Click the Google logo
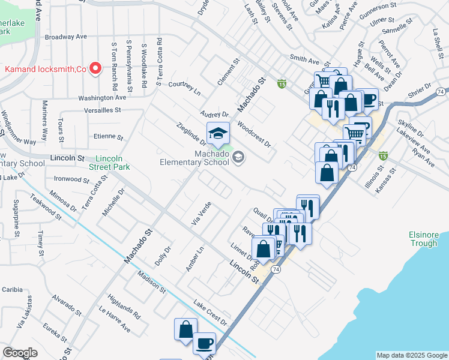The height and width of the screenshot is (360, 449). (20, 353)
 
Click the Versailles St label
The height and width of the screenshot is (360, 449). (104, 110)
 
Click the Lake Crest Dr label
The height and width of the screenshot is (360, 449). (210, 313)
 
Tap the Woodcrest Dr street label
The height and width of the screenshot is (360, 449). (254, 136)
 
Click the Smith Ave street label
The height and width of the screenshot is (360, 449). (304, 60)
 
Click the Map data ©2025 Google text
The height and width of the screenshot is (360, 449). (412, 355)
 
